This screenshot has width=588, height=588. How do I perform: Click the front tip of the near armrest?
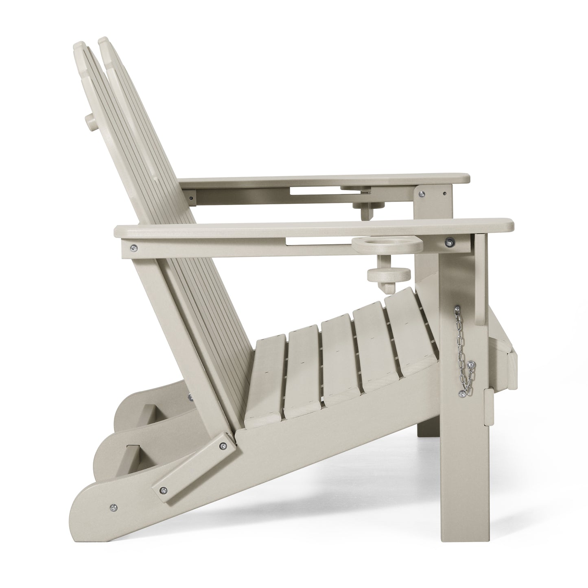511,225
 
